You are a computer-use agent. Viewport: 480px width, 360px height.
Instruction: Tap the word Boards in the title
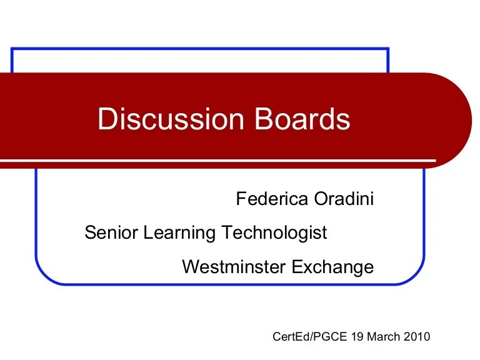[303, 119]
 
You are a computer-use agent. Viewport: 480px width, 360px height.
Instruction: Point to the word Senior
[111, 233]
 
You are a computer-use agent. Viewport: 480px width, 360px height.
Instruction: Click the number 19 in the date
[341, 337]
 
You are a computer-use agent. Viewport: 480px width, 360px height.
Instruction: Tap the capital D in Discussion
[107, 119]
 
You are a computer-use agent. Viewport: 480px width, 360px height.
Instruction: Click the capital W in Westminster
[189, 267]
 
